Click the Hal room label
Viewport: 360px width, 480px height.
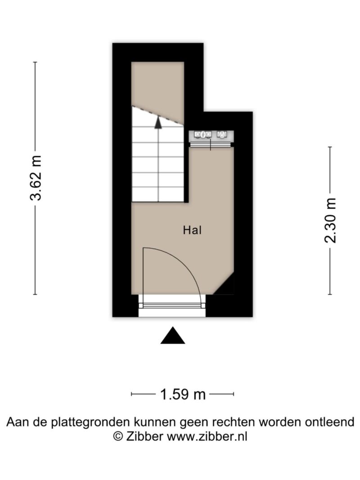point(192,230)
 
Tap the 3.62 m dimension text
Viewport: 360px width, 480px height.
point(36,178)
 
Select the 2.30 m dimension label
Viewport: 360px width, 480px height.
point(330,220)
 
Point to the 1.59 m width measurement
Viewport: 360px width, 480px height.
point(183,394)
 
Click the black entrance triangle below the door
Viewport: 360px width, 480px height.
point(173,336)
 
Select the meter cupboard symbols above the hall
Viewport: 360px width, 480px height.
point(211,135)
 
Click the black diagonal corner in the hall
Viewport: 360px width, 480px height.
point(226,287)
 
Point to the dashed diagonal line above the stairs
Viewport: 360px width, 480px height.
point(158,116)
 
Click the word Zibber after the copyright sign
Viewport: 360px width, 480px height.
point(144,436)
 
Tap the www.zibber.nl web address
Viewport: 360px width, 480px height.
point(207,436)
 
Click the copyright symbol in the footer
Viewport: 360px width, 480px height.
point(118,436)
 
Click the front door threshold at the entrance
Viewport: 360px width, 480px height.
point(172,305)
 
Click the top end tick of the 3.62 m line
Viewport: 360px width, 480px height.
point(35,62)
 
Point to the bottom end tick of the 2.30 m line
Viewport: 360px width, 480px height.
point(330,295)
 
